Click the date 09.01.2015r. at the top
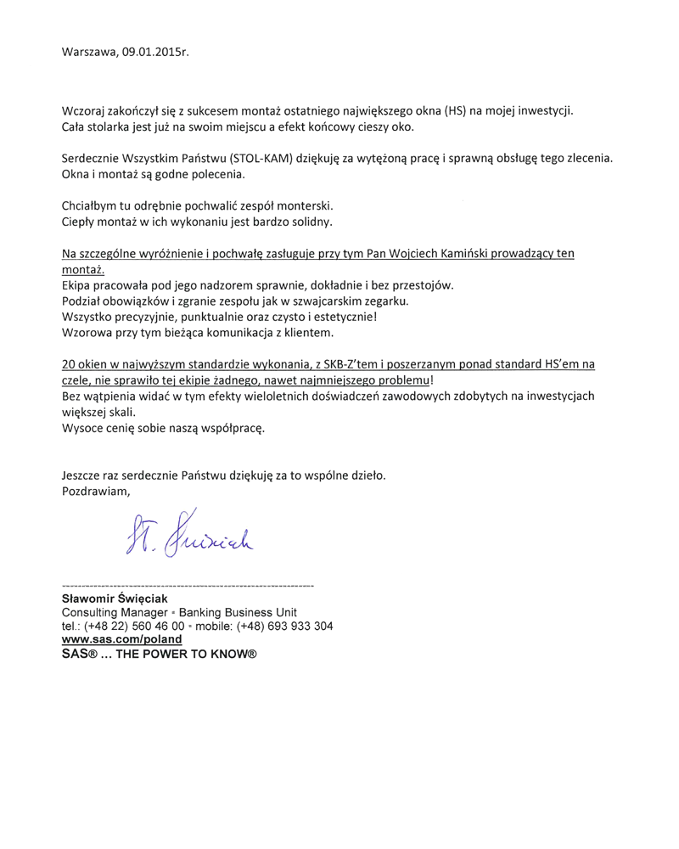click(x=155, y=52)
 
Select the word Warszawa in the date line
click(x=89, y=52)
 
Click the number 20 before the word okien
click(x=70, y=364)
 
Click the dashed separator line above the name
click(x=188, y=586)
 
